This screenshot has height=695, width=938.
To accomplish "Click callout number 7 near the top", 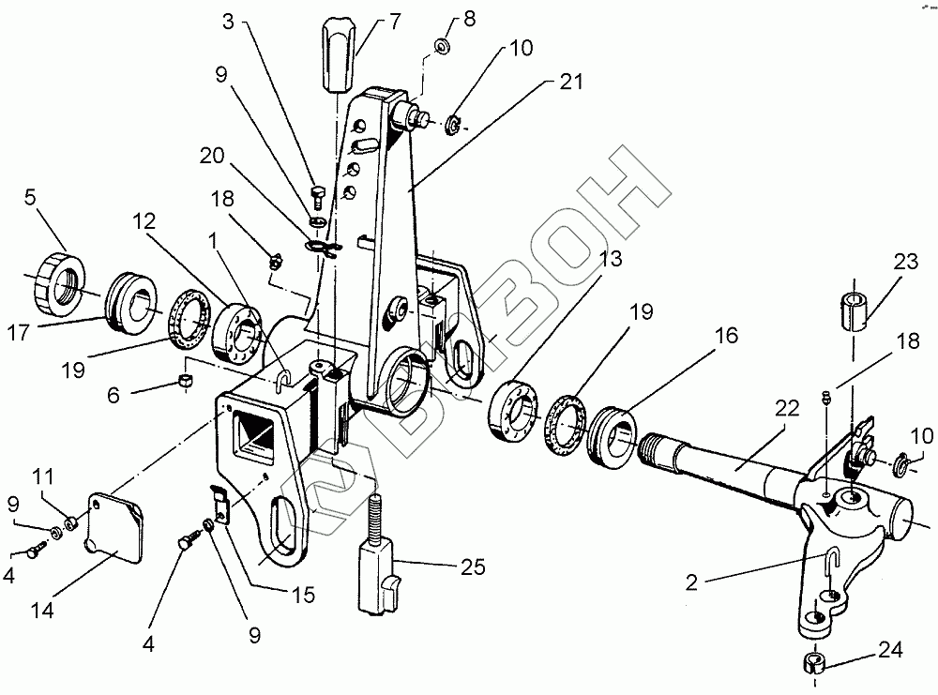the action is click(368, 20).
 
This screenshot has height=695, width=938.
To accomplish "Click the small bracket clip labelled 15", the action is click(219, 503).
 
